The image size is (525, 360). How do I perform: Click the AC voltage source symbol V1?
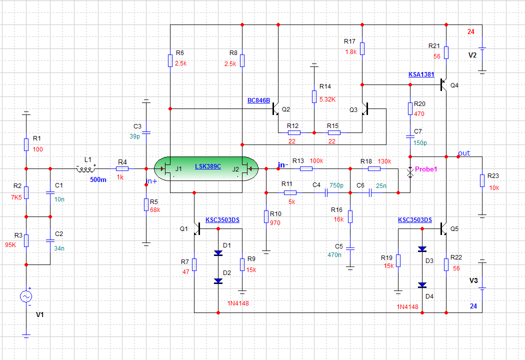coord(26,297)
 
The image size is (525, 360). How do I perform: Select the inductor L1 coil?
coord(85,169)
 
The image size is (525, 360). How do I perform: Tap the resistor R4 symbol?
coord(122,169)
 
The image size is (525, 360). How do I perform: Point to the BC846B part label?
coord(259,100)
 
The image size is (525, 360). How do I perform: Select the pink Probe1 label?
coord(426,169)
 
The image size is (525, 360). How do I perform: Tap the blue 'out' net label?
coord(464,153)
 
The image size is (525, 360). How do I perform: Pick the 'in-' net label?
coord(282,164)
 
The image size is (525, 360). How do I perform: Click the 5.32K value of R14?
coord(327,99)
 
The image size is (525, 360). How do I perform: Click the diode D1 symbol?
coord(218,253)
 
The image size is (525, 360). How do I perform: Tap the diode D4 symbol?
coord(422,285)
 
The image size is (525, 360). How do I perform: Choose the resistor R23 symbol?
coord(482,180)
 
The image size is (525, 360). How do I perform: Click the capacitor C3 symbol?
coord(146,132)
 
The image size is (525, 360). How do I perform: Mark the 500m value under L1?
coord(98,180)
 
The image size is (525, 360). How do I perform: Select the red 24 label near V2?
coord(470,32)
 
